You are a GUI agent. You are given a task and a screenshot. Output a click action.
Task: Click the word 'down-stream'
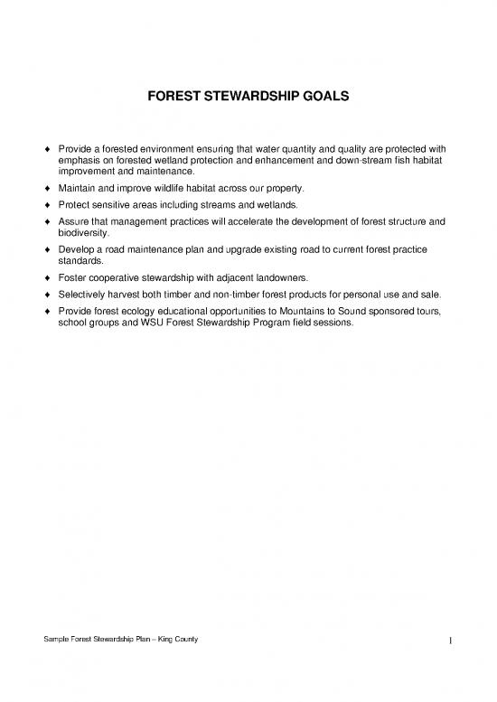coord(348,161)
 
